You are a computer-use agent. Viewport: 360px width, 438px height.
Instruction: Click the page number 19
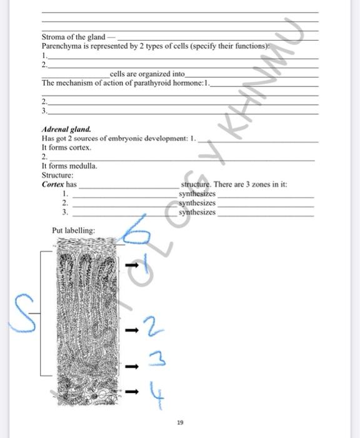180,423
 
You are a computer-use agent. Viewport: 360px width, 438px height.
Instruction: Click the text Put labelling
74,230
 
